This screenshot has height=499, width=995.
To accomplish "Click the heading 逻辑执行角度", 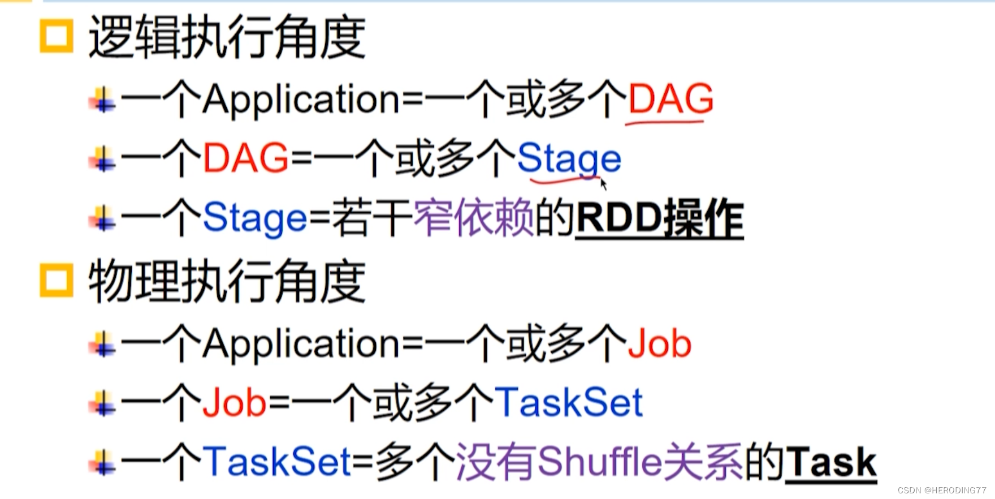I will [227, 37].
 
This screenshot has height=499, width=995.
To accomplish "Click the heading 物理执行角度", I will [227, 281].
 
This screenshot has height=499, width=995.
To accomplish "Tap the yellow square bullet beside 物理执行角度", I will [57, 280].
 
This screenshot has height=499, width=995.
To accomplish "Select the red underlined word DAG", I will [670, 100].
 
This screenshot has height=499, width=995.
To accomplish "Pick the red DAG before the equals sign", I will [245, 158].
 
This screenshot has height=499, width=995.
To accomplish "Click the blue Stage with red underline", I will [569, 160].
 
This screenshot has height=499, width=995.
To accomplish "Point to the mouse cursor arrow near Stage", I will [603, 183].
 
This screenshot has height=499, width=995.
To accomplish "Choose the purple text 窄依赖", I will [474, 218].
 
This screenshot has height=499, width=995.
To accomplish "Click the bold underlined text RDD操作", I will [659, 219].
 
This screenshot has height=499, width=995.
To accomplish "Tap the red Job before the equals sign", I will [234, 403].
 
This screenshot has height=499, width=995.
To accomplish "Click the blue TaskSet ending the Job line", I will [569, 403].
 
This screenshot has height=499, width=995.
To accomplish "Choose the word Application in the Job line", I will [301, 345].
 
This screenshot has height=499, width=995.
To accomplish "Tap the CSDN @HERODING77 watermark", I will [941, 491].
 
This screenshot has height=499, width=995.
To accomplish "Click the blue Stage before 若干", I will [254, 218].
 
